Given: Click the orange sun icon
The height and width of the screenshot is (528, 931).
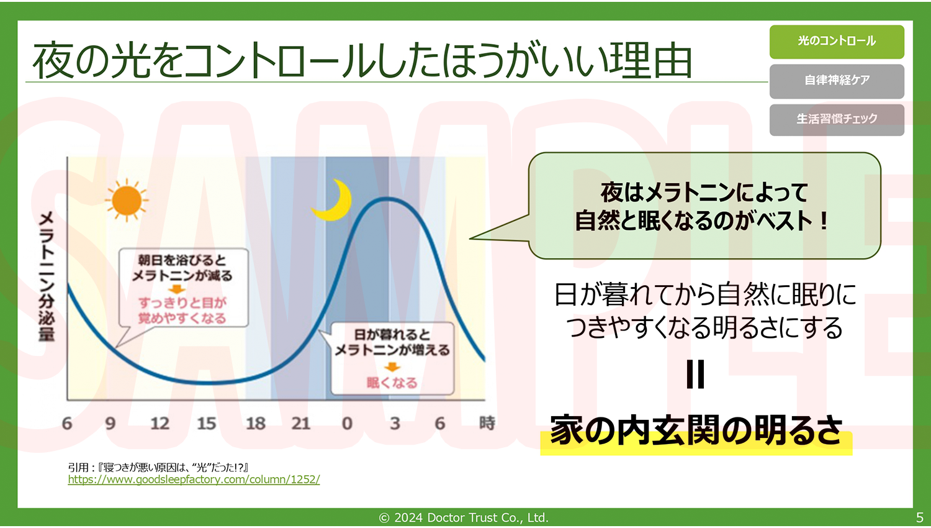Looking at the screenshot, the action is [x=127, y=200].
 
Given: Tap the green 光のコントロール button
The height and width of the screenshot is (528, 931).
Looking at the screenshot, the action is [x=837, y=42].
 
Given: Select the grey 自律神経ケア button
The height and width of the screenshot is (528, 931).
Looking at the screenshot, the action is [x=837, y=81].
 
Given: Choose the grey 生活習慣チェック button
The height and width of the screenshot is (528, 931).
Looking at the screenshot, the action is [x=837, y=120].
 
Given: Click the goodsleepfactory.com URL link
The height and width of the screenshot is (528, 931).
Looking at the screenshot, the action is [x=194, y=480].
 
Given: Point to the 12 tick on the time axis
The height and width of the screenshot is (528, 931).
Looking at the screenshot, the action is [x=160, y=424].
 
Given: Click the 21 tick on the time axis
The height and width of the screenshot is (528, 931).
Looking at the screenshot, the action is [x=301, y=424].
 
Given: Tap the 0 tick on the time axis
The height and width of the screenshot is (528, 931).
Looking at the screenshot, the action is [x=347, y=424].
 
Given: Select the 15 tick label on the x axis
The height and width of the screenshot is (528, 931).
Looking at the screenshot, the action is [x=207, y=424].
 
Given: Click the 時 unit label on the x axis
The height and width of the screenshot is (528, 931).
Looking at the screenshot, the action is [x=487, y=423].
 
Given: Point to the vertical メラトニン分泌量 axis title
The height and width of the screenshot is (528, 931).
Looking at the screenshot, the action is [x=47, y=276].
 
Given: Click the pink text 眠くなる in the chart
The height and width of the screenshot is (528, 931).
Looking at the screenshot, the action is [x=392, y=383].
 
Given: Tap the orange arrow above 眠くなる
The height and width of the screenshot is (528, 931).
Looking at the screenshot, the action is [x=392, y=366].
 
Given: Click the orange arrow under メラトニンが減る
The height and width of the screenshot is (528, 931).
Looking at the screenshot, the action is [x=177, y=289].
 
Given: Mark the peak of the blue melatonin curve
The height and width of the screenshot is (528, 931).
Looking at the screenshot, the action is [x=387, y=199].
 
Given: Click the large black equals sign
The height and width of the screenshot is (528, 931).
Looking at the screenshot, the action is [x=695, y=374].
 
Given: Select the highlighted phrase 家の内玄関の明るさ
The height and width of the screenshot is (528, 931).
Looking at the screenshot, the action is [x=696, y=430].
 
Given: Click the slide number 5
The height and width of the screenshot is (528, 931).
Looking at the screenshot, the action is [x=919, y=517].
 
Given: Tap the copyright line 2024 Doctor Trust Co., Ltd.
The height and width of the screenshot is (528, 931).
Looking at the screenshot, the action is [x=464, y=517].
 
